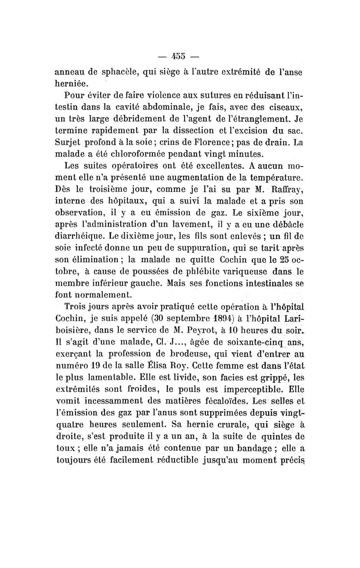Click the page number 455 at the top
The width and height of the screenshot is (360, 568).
coord(180,57)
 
